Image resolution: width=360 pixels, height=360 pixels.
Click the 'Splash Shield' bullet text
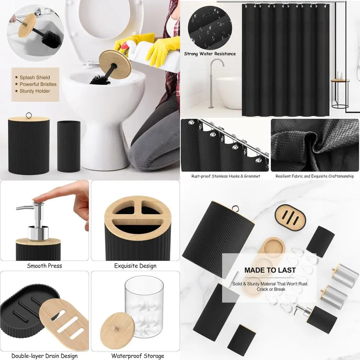[x=35, y=77]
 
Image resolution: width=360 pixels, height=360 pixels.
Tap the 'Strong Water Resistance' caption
[x=210, y=54]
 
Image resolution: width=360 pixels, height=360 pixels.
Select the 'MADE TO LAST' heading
[x=270, y=270]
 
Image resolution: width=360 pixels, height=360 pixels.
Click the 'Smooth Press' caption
[x=44, y=266]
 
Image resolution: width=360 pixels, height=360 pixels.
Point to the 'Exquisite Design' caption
[x=135, y=266]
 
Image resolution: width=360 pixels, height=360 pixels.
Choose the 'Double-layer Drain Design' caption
[x=44, y=356]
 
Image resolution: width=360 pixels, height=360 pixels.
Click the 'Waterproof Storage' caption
[x=135, y=356]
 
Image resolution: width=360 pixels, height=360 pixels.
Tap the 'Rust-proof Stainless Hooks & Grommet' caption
[x=225, y=176]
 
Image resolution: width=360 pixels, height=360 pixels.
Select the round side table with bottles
[x=340, y=92]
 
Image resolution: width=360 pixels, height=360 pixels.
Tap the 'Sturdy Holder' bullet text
[x=35, y=91]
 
